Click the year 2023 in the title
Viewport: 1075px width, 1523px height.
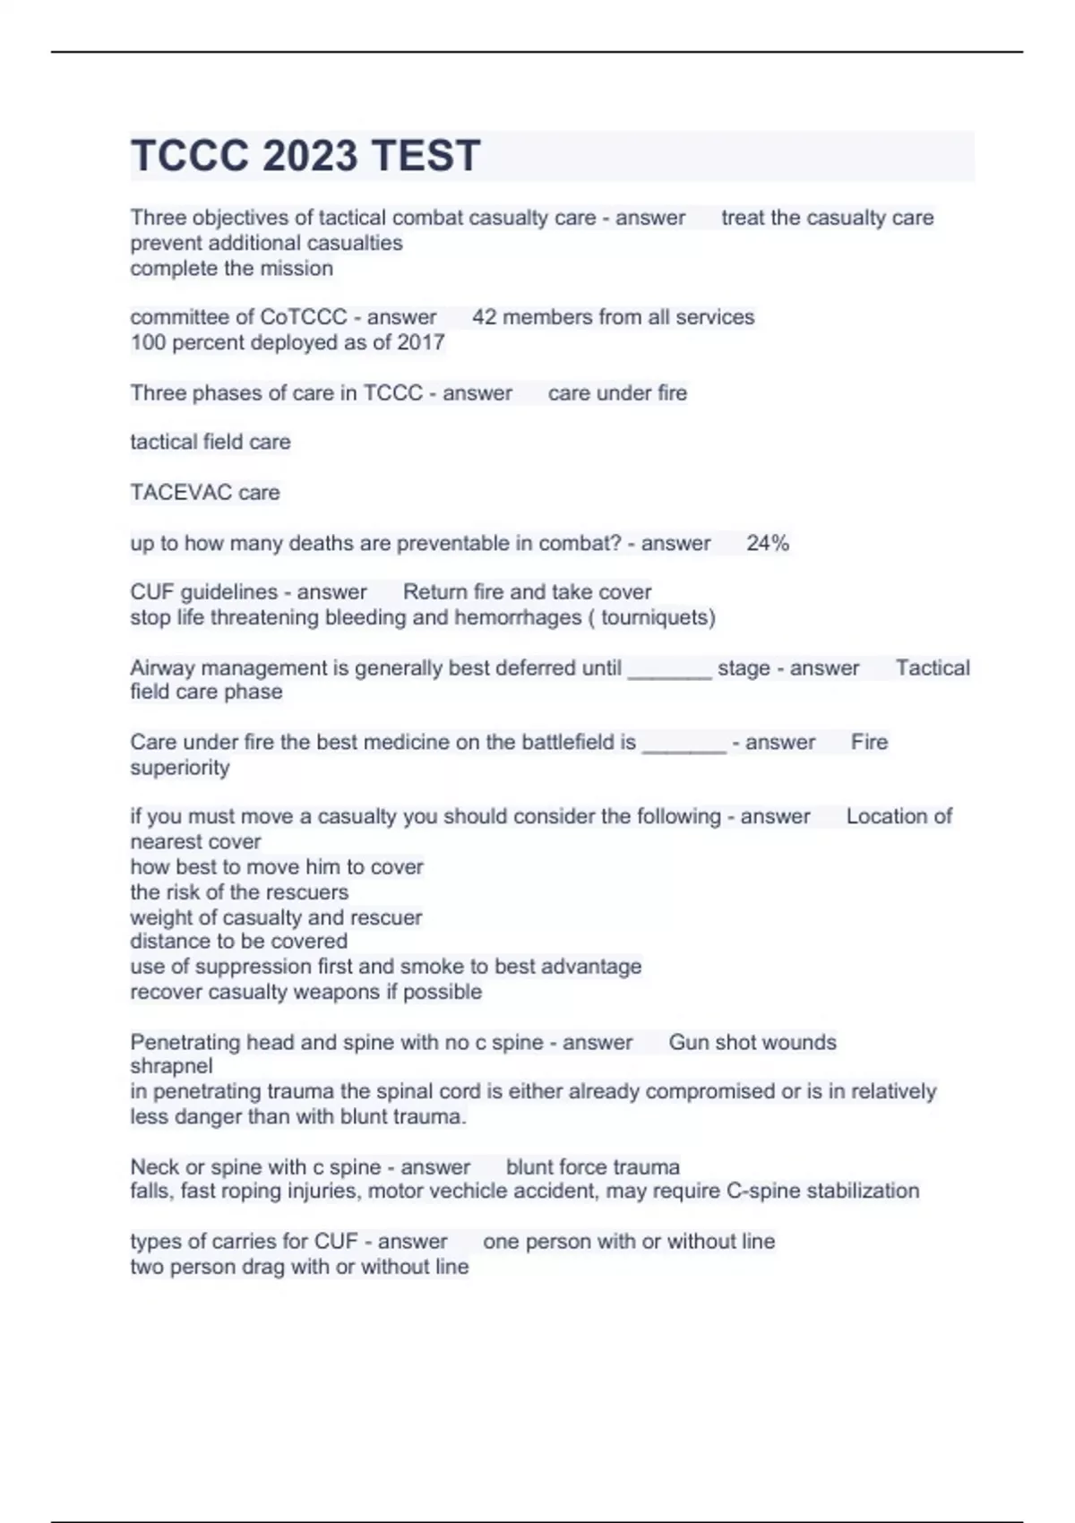click(x=306, y=156)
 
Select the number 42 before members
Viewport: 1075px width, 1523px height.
click(x=485, y=317)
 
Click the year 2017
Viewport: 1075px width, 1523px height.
click(x=421, y=342)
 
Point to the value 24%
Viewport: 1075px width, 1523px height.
click(x=768, y=543)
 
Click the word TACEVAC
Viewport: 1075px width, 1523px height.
click(x=181, y=492)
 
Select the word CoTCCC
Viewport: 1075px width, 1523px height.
click(x=303, y=317)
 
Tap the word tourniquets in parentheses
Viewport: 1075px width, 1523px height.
click(x=658, y=617)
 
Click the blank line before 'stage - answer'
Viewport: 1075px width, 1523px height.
click(x=669, y=670)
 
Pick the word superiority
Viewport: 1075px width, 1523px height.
click(x=180, y=768)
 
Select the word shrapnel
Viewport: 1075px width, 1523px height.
click(x=171, y=1066)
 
